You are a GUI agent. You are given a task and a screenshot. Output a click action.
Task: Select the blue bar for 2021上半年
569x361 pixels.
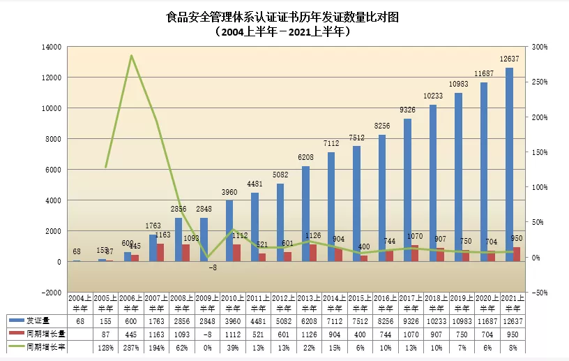[x=510, y=164]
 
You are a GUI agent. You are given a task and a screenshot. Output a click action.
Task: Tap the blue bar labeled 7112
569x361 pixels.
[x=331, y=207]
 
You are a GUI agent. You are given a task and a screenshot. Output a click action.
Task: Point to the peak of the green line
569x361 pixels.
[x=131, y=56]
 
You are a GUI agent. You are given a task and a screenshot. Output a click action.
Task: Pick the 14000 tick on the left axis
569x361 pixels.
[x=53, y=47]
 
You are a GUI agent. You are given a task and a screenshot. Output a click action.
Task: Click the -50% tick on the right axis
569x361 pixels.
[x=539, y=293]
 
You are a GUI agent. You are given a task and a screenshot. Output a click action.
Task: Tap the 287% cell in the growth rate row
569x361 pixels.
[x=131, y=348]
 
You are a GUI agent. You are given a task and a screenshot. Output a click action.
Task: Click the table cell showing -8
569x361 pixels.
[x=204, y=334]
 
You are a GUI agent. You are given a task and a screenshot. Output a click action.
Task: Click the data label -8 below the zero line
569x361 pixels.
[x=212, y=267]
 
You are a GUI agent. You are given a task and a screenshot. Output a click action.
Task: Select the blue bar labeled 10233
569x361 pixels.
[x=433, y=183]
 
